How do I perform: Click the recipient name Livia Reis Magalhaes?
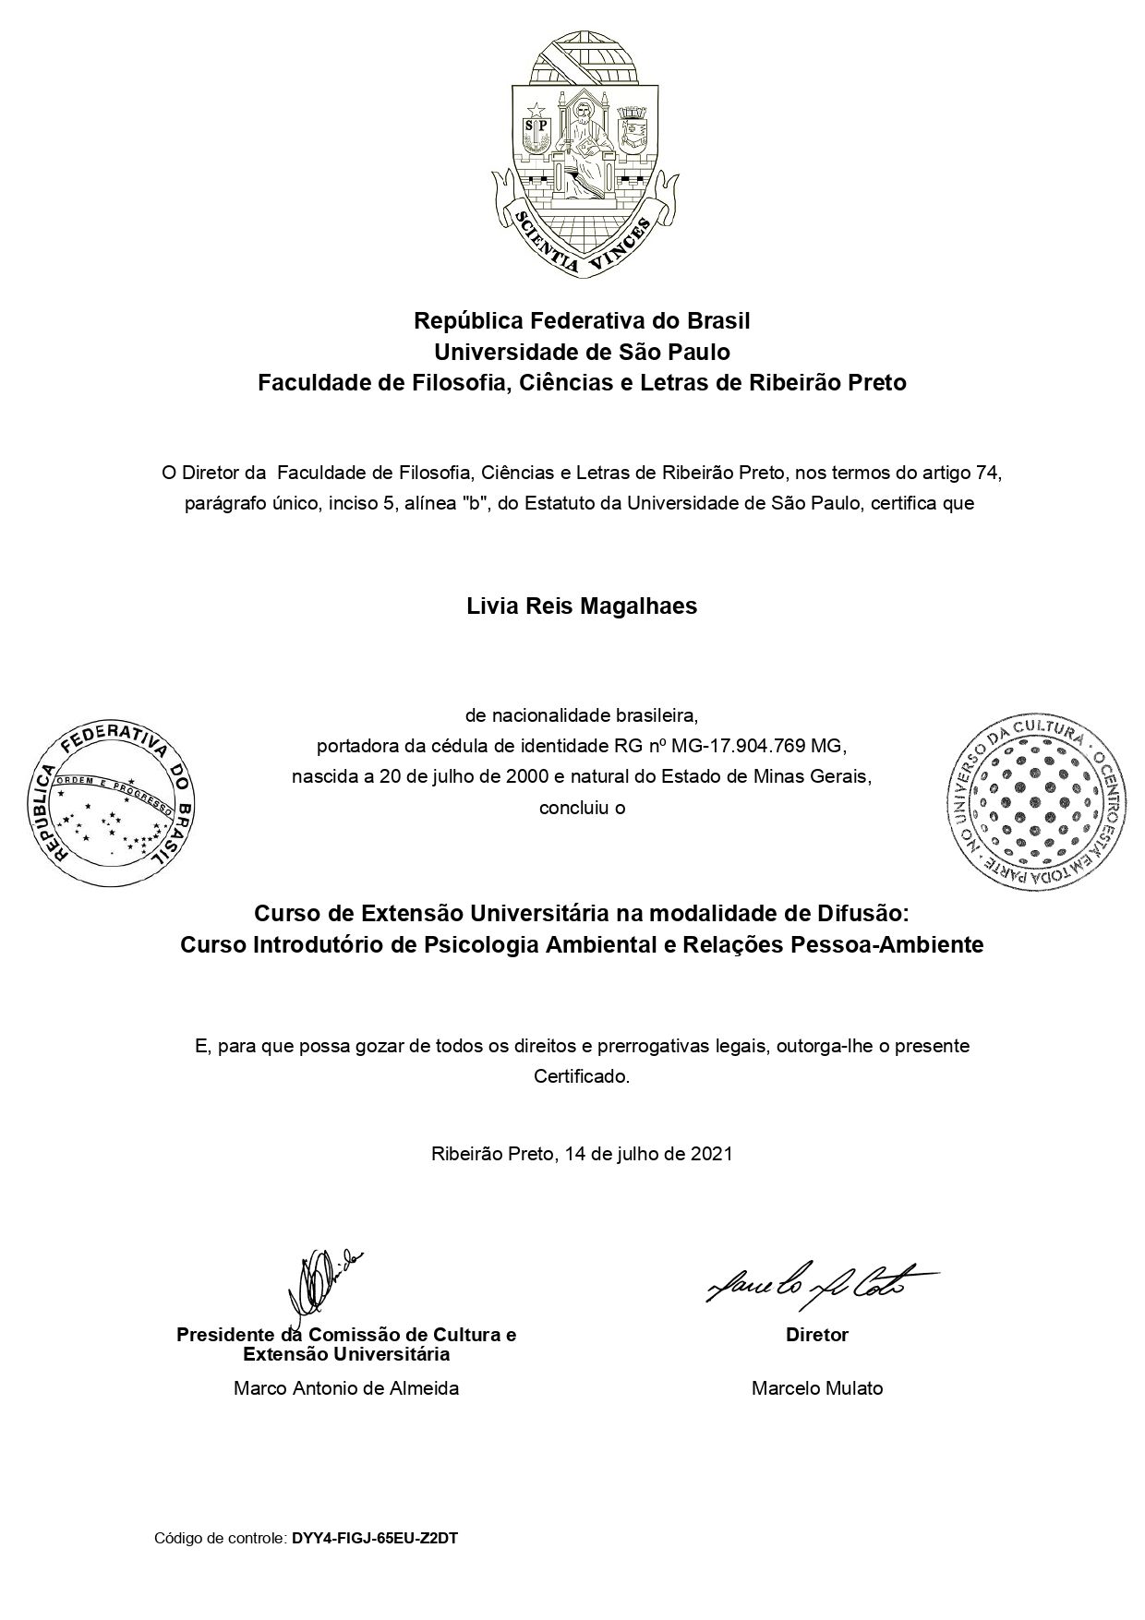(582, 606)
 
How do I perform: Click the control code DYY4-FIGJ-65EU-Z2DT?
(375, 1539)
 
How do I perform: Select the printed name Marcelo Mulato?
(817, 1388)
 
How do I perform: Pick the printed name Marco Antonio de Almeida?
(346, 1388)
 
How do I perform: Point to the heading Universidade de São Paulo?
(582, 352)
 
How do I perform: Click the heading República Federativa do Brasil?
(582, 321)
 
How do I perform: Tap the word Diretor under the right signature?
(817, 1335)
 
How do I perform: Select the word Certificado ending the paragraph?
(581, 1076)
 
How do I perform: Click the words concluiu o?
(582, 808)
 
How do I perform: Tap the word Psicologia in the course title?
(480, 945)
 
